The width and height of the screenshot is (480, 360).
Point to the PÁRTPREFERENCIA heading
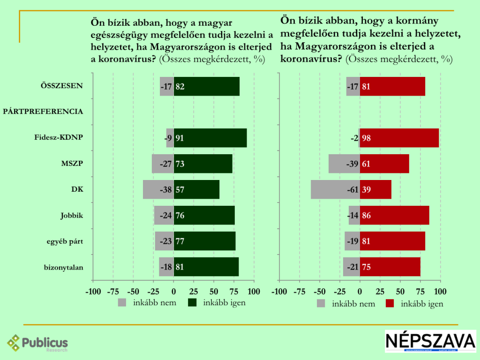click(x=43, y=112)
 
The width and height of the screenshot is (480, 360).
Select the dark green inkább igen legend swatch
click(x=193, y=302)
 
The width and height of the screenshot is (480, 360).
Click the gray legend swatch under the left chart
click(x=122, y=302)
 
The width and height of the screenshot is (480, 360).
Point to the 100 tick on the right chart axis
click(x=441, y=291)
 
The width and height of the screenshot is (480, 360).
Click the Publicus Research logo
click(x=37, y=343)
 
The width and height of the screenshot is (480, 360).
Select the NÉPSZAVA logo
click(x=430, y=341)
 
